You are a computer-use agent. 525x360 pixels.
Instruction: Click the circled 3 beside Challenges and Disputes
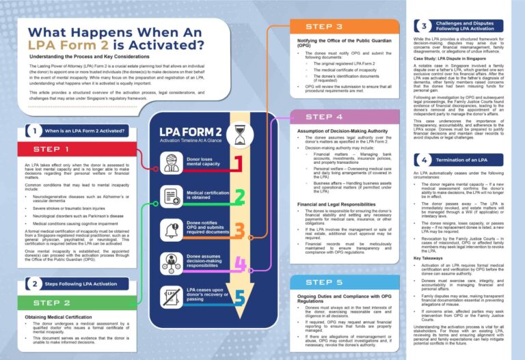tap(423, 26)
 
